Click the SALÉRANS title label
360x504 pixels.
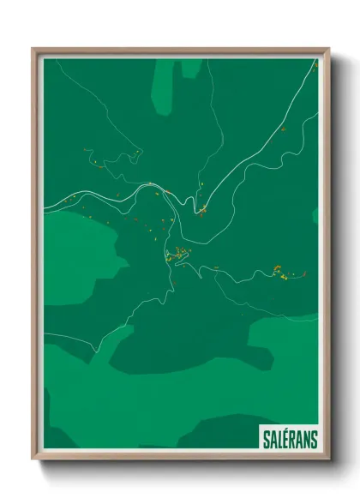click(x=287, y=438)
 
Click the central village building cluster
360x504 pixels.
click(x=177, y=254)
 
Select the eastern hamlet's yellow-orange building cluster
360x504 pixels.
click(x=278, y=270)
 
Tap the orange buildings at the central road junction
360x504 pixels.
click(x=202, y=209)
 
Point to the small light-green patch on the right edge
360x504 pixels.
click(x=315, y=215)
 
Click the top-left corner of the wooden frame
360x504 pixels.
click(x=34, y=50)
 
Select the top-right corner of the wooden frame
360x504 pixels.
click(x=327, y=50)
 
